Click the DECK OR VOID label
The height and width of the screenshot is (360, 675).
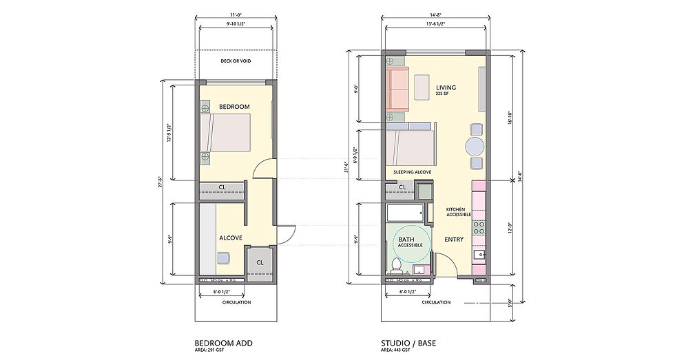tap(236, 61)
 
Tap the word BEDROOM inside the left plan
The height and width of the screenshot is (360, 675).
tap(234, 107)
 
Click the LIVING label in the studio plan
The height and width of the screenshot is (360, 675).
tap(446, 87)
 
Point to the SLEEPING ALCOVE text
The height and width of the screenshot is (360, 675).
tap(412, 171)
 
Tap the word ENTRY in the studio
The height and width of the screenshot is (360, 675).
tap(453, 240)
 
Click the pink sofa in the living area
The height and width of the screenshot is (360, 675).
tap(397, 89)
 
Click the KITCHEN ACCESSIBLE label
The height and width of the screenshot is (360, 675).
tap(457, 212)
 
